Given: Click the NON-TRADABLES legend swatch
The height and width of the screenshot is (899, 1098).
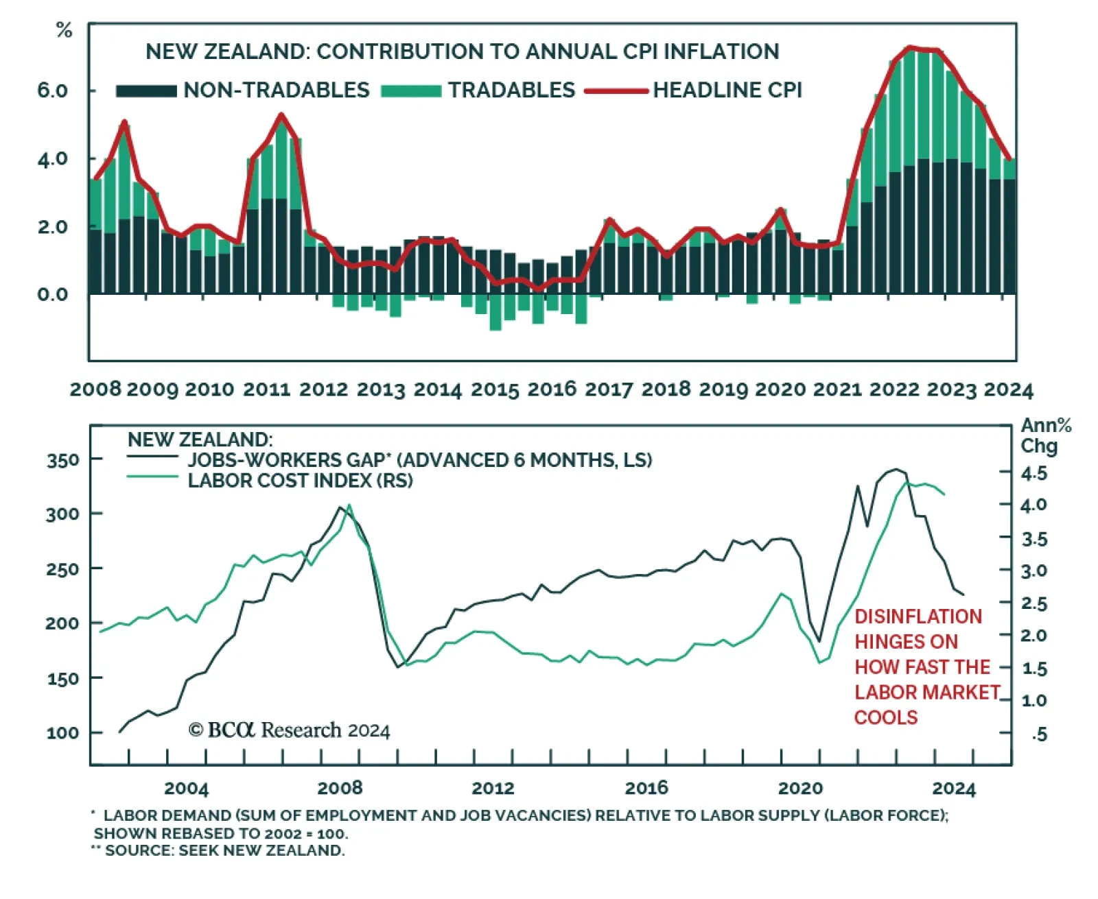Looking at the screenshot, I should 146,91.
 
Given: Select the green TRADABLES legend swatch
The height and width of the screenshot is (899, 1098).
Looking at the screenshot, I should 410,91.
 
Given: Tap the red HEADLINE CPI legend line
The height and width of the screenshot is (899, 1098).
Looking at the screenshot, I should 616,91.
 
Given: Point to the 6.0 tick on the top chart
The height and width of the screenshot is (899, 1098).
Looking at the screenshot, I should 53,91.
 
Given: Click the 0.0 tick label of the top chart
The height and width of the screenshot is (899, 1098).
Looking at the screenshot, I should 53,295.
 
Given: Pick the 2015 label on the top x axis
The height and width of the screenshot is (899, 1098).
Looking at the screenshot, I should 495,389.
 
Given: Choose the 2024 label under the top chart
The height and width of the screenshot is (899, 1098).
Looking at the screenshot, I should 1008,389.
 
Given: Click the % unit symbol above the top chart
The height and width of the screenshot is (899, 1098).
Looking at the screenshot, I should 64,30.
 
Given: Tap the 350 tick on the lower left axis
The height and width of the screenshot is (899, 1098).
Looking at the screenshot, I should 62,460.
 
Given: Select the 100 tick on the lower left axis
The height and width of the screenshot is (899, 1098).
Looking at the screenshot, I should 62,733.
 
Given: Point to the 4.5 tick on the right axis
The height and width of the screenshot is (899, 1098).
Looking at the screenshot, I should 1034,473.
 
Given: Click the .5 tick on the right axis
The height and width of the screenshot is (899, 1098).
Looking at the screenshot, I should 1039,734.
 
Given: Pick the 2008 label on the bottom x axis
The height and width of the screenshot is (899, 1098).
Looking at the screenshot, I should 340,788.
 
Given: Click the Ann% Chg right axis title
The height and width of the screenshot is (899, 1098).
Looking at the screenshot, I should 1045,435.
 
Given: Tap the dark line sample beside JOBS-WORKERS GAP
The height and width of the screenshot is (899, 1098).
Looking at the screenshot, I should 152,457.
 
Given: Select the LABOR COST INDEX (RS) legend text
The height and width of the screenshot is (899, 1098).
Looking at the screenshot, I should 300,481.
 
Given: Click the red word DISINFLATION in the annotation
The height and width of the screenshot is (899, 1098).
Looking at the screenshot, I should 918,616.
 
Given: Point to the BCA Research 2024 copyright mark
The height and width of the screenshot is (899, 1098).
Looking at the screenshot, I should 289,730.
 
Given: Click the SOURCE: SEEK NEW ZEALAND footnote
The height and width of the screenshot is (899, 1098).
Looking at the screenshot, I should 219,851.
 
